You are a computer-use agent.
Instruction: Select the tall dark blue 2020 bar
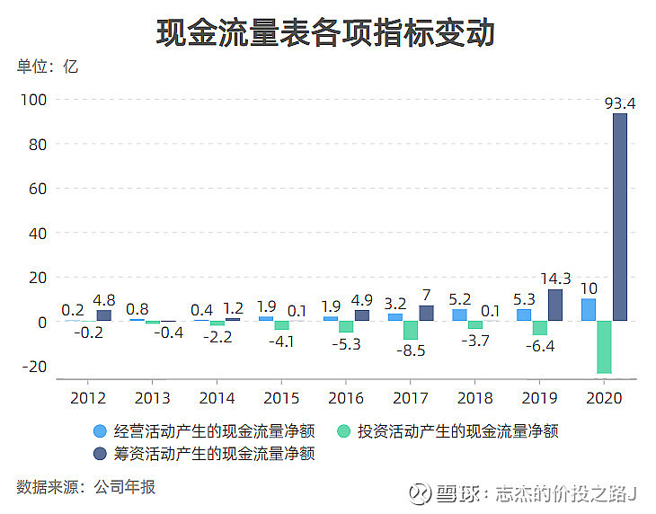tap(620, 216)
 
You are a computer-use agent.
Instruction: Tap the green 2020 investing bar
tap(604, 347)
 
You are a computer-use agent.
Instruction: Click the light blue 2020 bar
tap(588, 310)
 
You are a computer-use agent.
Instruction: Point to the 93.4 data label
tap(619, 104)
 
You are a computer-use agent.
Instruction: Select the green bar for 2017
tap(411, 330)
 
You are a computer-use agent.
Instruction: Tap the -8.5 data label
tap(410, 350)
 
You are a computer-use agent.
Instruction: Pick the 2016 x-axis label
tap(346, 398)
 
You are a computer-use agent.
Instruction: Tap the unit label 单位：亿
tap(48, 66)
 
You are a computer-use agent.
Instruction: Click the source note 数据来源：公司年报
tap(85, 487)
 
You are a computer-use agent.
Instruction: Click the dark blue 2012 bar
tap(104, 315)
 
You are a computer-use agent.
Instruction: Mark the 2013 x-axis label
tap(153, 398)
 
